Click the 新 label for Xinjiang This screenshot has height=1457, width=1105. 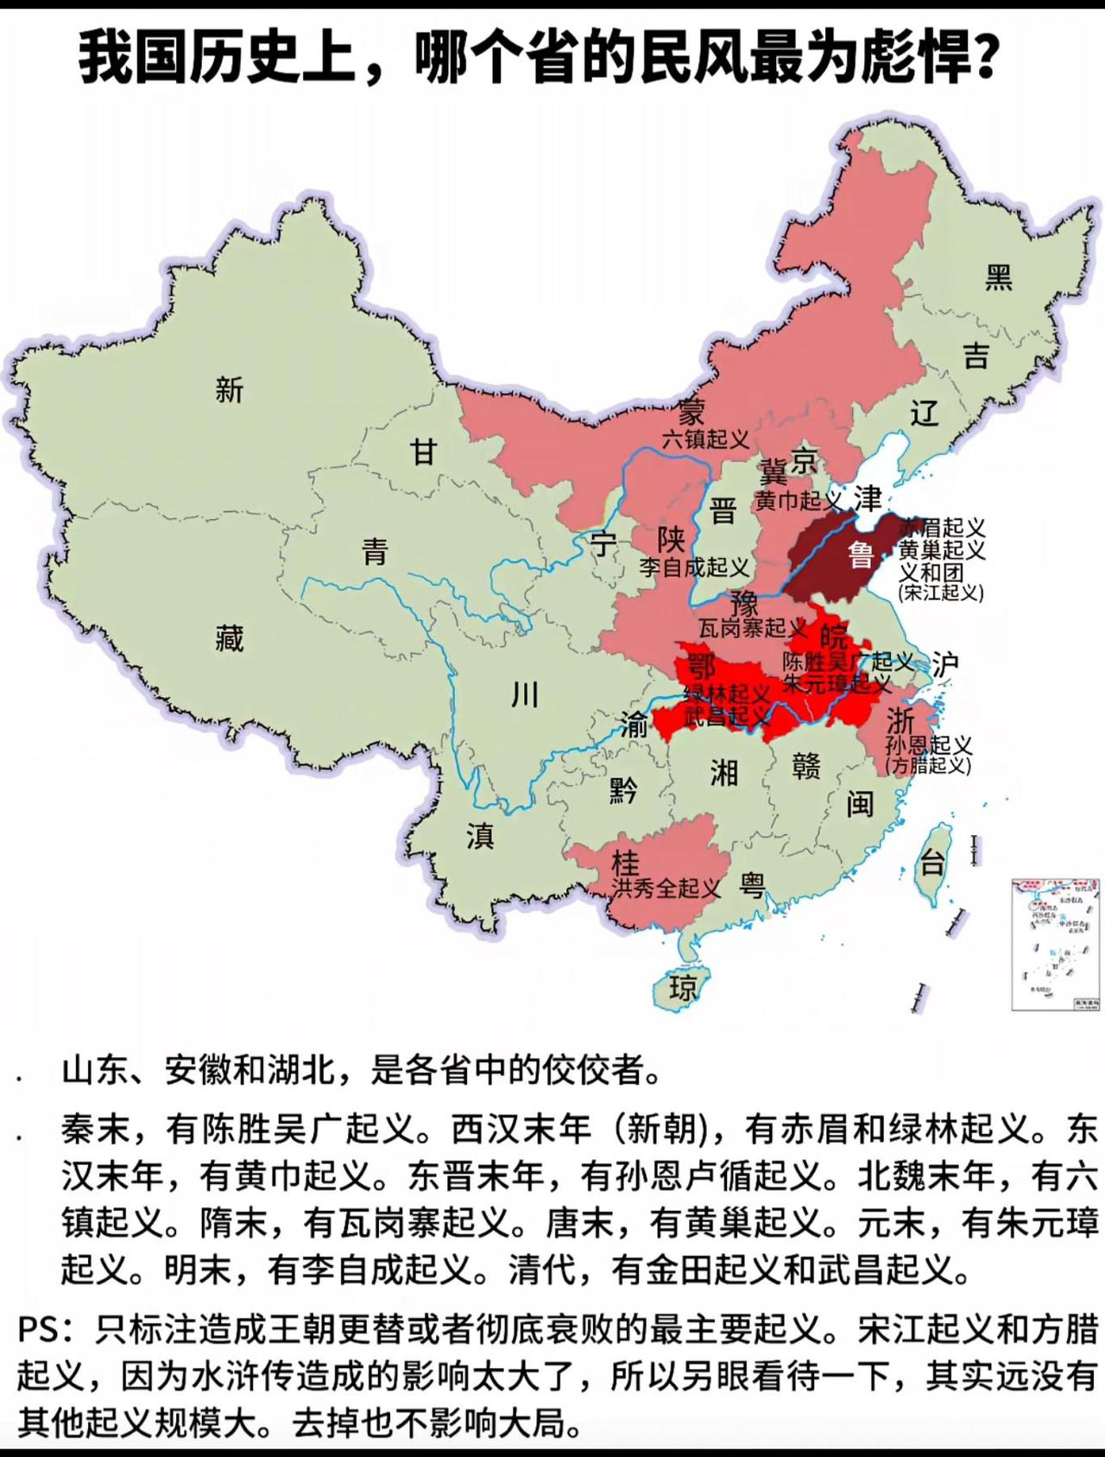pos(230,390)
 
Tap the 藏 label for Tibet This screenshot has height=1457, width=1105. pos(230,638)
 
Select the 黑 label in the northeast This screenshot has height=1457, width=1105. pos(999,277)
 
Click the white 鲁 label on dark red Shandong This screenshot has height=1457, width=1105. pos(861,554)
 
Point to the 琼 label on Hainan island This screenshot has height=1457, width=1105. pos(683,987)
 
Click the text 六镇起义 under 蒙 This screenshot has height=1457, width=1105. pos(705,440)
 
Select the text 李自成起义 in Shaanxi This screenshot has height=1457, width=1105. pos(694,567)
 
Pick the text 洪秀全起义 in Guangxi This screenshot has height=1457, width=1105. pos(666,888)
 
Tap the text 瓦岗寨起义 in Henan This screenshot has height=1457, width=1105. pos(752,628)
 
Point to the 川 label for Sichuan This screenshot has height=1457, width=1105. pos(525,694)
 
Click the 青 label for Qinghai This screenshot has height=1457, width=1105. pos(375,551)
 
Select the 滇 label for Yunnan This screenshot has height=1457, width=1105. pos(480,835)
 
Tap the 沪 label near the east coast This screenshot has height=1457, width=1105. pos(945,664)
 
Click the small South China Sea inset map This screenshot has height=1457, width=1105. pos(1056,944)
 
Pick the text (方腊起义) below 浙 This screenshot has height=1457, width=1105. pos(929,765)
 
